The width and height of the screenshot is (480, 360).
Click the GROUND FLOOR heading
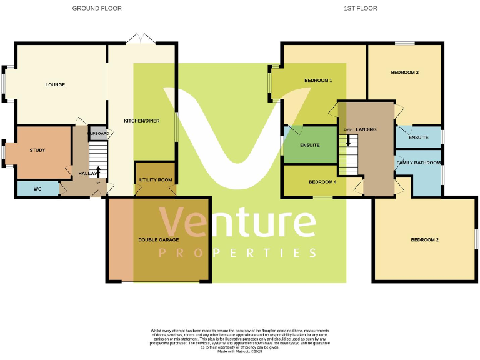pos(97,8)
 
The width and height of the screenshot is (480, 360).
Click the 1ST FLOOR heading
pos(361,8)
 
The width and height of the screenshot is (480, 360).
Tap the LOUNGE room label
pos(55,84)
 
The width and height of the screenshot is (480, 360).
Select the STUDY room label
pos(37,150)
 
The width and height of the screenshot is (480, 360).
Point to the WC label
pos(37,189)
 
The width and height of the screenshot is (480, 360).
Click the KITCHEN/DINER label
pos(142,120)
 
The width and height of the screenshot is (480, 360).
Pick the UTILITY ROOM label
pos(156,180)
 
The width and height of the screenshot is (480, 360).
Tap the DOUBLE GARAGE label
pos(159,239)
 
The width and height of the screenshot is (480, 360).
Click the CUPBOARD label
pos(99,134)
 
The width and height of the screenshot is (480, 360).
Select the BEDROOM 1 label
pos(318,81)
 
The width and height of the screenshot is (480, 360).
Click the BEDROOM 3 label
pos(404,72)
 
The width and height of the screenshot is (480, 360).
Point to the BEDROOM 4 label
pos(322,182)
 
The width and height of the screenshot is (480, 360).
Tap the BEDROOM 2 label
pos(424,240)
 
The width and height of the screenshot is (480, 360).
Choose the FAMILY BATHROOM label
pos(419,162)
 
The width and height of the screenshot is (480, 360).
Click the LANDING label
pos(366,129)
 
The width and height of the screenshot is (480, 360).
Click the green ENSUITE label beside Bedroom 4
pos(310,145)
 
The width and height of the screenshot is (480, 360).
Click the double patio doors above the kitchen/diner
pos(141,39)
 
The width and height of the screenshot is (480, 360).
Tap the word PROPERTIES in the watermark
pos(237,253)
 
